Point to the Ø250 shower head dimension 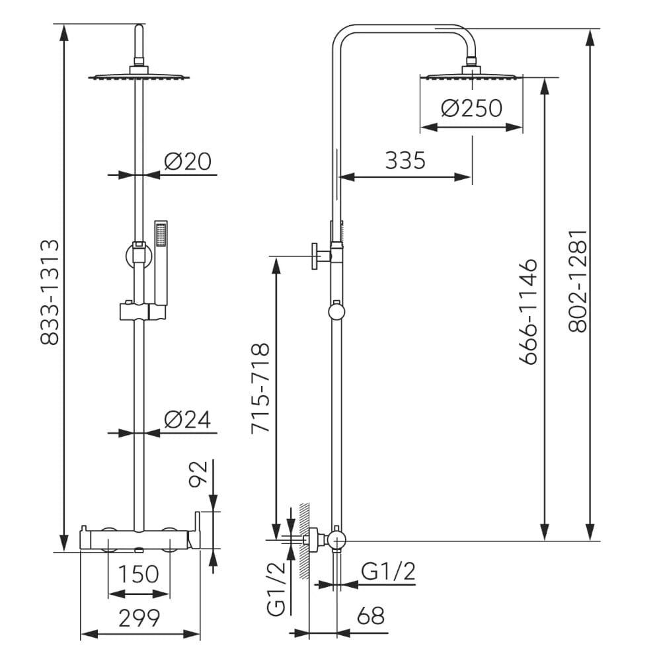point(471,108)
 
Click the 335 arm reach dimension point(405,160)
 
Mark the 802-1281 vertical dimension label point(578,281)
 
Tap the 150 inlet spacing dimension point(139,574)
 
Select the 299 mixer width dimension point(139,618)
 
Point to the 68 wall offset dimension point(370,616)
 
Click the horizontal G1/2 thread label point(389,572)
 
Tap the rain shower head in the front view point(139,77)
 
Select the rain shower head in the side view point(471,75)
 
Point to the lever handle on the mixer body point(196,528)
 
